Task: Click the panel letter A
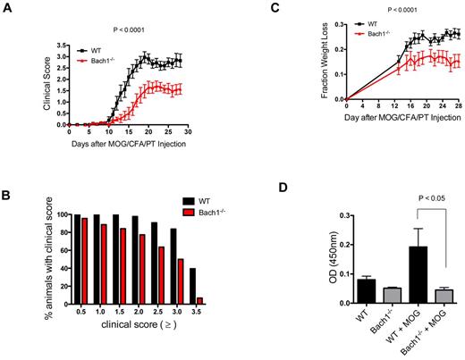coord(6,6)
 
